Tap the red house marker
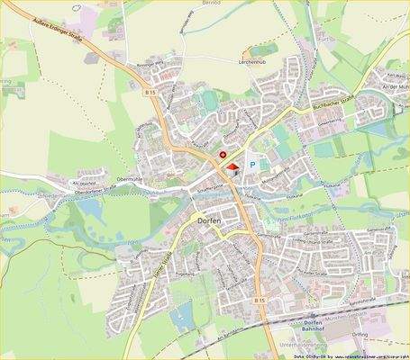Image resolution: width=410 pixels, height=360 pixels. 232,166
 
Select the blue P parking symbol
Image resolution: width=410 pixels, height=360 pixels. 253,166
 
